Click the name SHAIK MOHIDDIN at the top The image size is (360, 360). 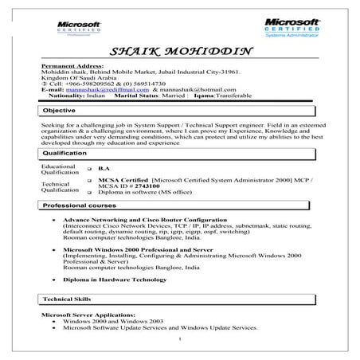pos(180,53)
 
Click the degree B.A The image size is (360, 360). pos(102,169)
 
